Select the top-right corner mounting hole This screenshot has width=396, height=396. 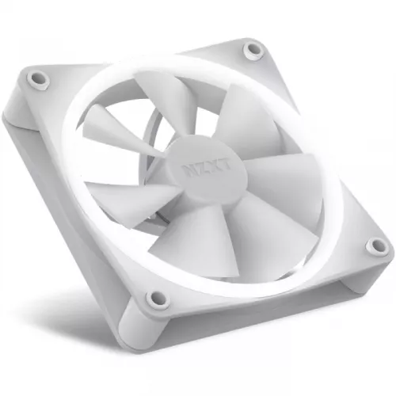pos(253,50)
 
